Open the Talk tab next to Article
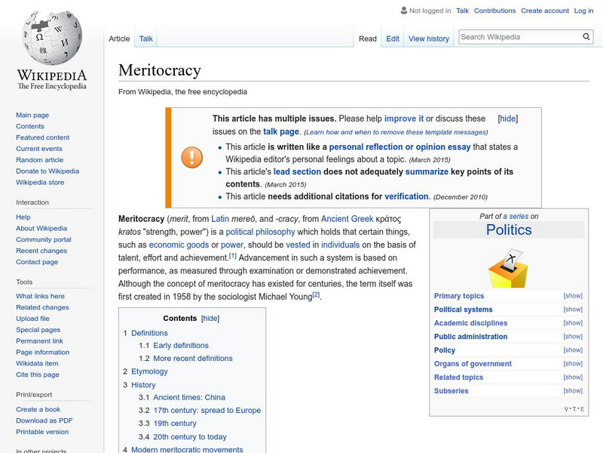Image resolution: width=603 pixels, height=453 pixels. click(x=146, y=39)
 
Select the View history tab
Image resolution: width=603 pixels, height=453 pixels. click(x=428, y=39)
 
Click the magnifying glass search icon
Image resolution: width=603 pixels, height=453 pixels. click(x=587, y=36)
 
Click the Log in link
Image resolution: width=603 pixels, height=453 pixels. click(x=583, y=11)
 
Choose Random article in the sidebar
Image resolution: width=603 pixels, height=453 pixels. click(x=40, y=160)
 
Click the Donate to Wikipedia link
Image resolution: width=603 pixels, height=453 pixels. click(x=47, y=171)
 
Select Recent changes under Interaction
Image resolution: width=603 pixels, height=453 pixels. click(x=41, y=251)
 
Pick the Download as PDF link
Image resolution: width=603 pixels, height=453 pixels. click(x=44, y=421)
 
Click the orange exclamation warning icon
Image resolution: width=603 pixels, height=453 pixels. click(x=191, y=157)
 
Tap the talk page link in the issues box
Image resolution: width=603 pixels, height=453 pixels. click(x=281, y=131)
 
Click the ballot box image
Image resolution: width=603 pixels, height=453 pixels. click(x=508, y=268)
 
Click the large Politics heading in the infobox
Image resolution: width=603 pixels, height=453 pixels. click(x=509, y=230)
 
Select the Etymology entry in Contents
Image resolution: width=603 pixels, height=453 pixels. click(x=149, y=371)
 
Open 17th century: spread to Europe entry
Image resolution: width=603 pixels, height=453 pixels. click(x=207, y=411)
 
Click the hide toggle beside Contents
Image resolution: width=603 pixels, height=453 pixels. click(x=210, y=319)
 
